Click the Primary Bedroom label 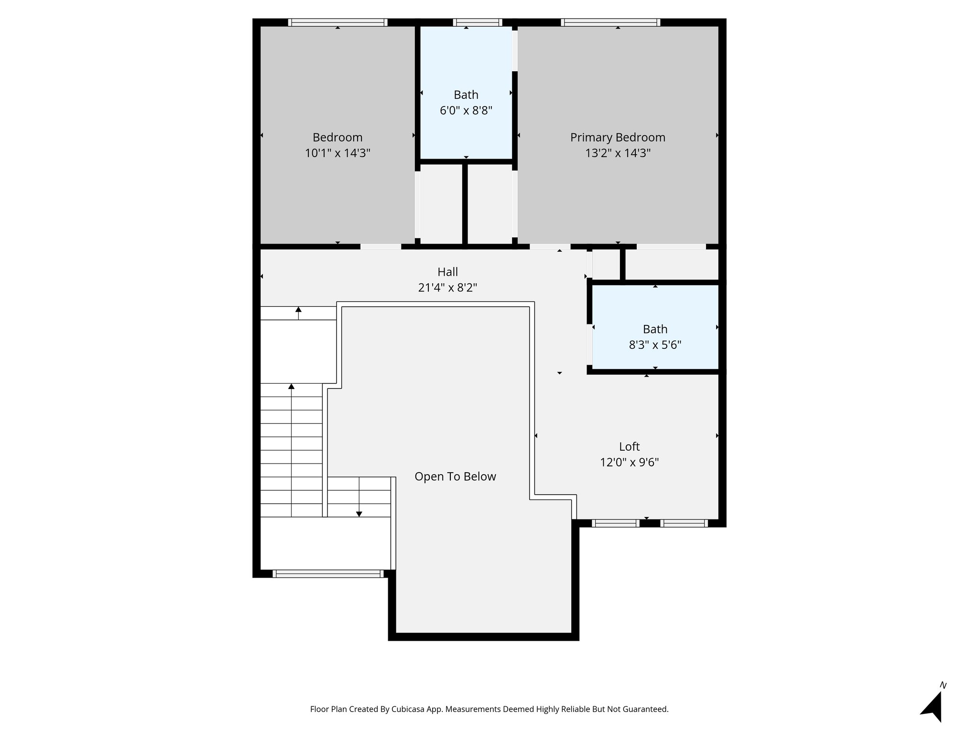(x=618, y=138)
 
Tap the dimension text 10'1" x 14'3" (x=337, y=153)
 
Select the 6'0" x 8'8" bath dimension (x=466, y=111)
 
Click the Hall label (x=447, y=272)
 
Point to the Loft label (x=629, y=447)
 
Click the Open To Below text (x=455, y=476)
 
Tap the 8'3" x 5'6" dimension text (x=655, y=345)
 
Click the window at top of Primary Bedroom (x=610, y=22)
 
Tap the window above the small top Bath (x=477, y=22)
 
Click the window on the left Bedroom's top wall (x=337, y=22)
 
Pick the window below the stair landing (x=328, y=574)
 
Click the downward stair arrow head (x=359, y=514)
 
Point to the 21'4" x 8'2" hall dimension (x=447, y=288)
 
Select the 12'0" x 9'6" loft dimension (x=629, y=463)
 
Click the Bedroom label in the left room (x=337, y=138)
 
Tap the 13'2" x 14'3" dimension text (x=618, y=153)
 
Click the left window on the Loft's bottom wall (x=615, y=523)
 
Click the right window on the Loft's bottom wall (x=684, y=523)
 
